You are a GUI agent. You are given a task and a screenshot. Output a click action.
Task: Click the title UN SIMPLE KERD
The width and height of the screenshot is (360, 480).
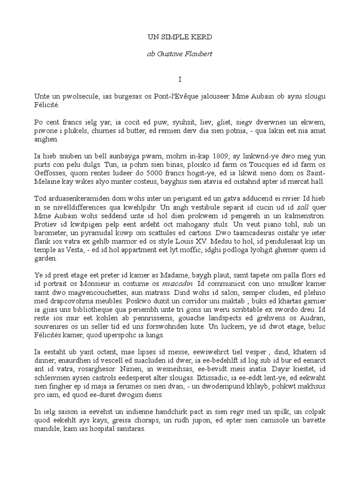click(x=180, y=36)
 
